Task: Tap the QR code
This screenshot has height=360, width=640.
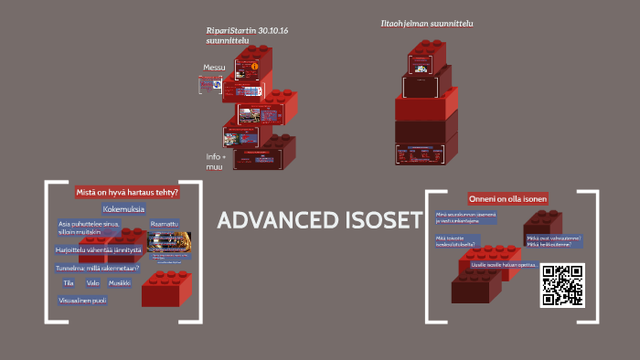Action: tap(562, 284)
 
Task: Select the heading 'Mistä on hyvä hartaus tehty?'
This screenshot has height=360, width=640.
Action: tap(126, 193)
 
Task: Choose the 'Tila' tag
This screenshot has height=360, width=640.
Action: tap(69, 283)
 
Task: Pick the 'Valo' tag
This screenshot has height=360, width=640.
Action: tap(93, 283)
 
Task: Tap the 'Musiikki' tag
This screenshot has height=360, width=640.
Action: tap(120, 283)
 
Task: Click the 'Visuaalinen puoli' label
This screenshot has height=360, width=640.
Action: tap(82, 300)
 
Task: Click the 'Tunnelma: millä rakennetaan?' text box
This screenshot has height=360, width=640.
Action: tap(98, 268)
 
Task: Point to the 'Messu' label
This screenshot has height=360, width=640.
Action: tap(214, 68)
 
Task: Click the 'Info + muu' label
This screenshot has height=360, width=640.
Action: tap(215, 162)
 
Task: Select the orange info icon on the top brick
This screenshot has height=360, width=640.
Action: tap(255, 67)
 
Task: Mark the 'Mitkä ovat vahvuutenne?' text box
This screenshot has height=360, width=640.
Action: tap(553, 238)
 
